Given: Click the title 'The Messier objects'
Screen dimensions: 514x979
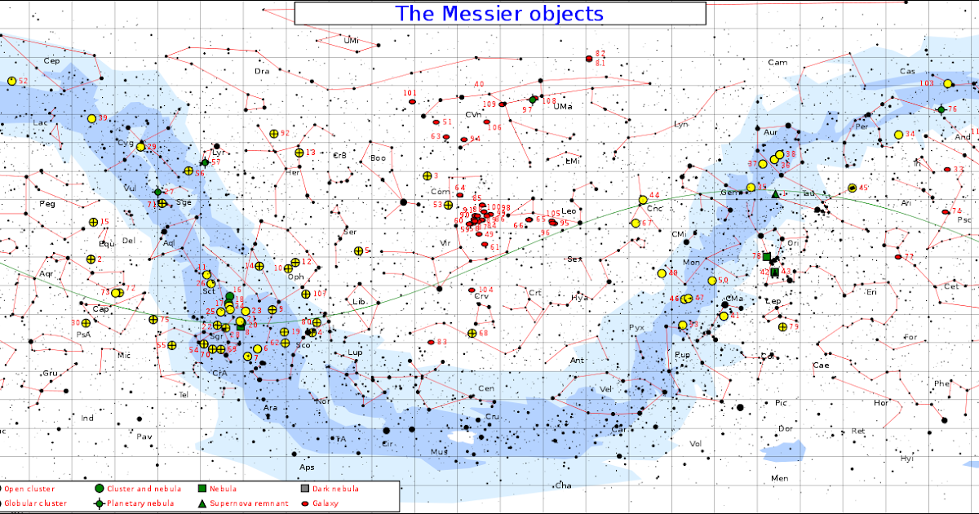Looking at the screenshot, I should (x=499, y=14).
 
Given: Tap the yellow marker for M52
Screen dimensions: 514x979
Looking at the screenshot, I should (x=11, y=81).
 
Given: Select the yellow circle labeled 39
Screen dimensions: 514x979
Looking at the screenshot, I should (x=91, y=119).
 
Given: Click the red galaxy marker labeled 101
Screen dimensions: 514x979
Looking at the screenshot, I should (x=413, y=103).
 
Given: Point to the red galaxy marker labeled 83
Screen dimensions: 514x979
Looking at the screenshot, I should (x=432, y=342).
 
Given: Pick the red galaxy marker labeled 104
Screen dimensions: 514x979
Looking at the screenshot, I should (x=472, y=290).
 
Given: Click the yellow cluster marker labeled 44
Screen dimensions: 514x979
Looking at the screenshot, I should (x=643, y=199).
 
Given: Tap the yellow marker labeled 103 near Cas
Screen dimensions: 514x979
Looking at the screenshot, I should (x=948, y=83).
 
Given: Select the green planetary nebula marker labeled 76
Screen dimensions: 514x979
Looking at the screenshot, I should (x=941, y=109).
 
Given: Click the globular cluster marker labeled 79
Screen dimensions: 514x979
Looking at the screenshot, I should (x=782, y=327).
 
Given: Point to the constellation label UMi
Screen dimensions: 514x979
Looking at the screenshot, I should (x=352, y=40).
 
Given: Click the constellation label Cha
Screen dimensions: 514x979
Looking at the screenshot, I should (x=562, y=485).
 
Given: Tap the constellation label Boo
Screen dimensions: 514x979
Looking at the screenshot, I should (x=378, y=157).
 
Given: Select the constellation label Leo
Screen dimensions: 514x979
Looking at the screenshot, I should (x=569, y=211).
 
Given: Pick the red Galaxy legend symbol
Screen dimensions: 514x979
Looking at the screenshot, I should (x=306, y=503).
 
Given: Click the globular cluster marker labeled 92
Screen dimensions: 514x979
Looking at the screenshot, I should (x=273, y=133).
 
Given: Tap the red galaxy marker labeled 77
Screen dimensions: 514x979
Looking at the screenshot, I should (x=898, y=257).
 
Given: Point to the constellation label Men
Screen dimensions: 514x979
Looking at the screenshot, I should (x=780, y=477).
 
